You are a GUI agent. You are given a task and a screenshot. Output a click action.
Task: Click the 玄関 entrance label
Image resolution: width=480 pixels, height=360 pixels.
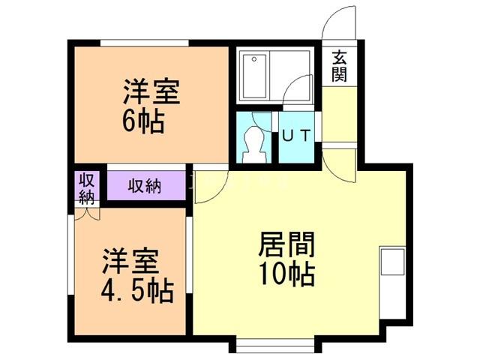(x=340, y=66)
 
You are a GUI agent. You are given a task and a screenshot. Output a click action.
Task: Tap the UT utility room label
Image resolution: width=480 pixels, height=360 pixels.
(x=296, y=135)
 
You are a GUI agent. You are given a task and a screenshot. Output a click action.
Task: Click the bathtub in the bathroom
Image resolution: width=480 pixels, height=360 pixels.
(x=254, y=76)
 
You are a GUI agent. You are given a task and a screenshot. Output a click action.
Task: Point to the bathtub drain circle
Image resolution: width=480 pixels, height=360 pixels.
(x=254, y=59)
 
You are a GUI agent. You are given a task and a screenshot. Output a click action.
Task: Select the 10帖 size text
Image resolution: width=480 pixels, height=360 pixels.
(x=287, y=274)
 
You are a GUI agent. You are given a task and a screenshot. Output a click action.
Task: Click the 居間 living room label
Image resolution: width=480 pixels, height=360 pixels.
(x=287, y=244)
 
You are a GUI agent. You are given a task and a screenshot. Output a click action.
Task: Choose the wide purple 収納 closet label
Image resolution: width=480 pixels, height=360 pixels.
(x=145, y=185)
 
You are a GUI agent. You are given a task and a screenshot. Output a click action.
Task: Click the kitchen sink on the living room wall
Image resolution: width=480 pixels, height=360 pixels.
(x=392, y=262)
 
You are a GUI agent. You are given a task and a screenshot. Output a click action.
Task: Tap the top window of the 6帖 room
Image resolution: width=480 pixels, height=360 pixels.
(x=144, y=43)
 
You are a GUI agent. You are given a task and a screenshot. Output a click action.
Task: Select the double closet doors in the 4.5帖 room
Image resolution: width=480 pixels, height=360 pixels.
(x=87, y=214)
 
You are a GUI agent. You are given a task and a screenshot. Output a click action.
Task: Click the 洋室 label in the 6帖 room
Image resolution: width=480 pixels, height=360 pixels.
(x=151, y=91)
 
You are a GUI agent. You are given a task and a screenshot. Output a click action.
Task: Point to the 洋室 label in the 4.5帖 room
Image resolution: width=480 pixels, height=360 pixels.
(x=130, y=261)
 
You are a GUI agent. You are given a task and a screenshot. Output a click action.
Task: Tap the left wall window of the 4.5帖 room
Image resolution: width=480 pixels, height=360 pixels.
(x=70, y=255)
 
